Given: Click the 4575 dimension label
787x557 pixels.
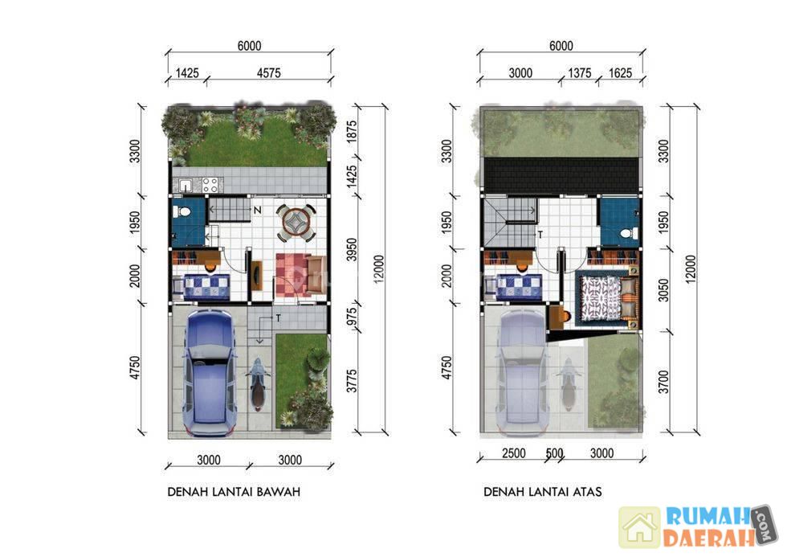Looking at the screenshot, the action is pos(268,73).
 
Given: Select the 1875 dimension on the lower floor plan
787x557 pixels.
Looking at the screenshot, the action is pos(352,132).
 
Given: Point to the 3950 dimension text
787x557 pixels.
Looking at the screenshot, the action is pos(352,250).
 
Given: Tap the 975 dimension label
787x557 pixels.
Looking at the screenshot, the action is pos(352,317).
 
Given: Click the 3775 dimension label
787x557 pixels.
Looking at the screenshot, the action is pos(352,381).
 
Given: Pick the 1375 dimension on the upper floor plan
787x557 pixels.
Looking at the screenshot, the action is pos(579,73).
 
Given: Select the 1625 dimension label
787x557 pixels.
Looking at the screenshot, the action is pos(620,73).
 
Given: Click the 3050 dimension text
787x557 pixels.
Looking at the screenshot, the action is pos(663,290).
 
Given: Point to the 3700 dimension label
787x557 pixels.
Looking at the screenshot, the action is pos(663,382).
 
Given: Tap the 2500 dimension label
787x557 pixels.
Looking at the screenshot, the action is pos(513,453).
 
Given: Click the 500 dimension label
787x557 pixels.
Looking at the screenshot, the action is pos(555,453).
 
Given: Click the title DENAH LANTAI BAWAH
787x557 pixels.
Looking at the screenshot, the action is pos(234,492).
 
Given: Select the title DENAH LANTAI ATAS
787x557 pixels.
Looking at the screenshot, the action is pos(543,492).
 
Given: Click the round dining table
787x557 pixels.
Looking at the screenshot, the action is pos(296,222).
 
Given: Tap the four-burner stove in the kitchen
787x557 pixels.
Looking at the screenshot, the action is pos(210,185).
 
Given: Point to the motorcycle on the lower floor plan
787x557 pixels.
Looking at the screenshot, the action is pos(258,383).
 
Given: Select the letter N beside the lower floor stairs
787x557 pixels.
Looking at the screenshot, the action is pos(258,210).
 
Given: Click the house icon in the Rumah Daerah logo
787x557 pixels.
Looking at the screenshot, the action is pos(639,527).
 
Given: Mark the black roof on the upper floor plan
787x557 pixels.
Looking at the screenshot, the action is pos(561,175).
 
